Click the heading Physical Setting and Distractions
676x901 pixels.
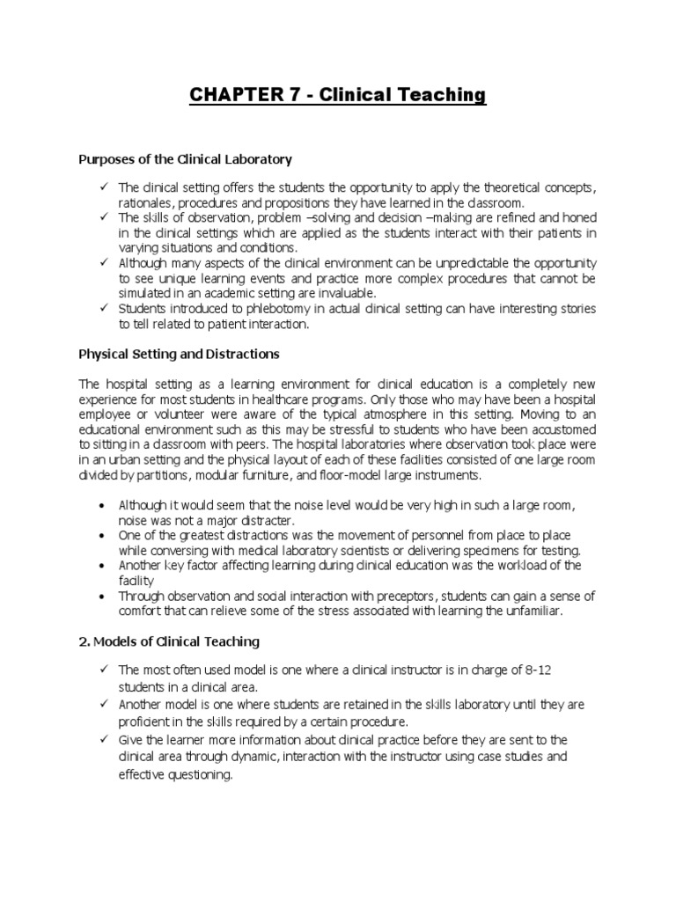179,354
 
